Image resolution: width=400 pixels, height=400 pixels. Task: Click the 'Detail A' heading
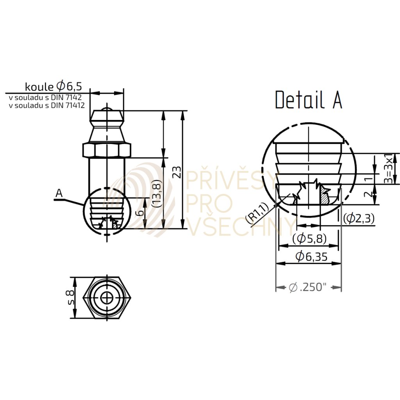(309, 100)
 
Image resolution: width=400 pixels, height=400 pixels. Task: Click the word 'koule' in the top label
(39, 87)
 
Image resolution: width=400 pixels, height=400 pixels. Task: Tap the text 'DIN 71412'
(68, 105)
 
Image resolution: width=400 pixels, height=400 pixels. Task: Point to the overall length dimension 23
(177, 172)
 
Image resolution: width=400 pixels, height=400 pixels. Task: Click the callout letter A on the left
(59, 193)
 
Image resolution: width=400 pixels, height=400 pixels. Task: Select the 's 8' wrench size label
(70, 297)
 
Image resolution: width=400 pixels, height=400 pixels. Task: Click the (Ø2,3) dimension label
(359, 218)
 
